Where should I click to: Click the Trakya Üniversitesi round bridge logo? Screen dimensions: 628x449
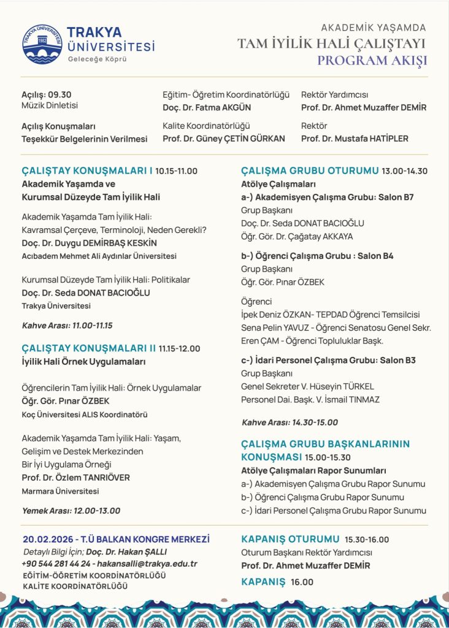click(42, 44)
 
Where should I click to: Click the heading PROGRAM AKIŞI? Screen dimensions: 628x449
click(372, 60)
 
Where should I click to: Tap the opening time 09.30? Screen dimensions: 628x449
click(60, 94)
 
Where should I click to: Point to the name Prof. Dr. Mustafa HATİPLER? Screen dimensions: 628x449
click(355, 139)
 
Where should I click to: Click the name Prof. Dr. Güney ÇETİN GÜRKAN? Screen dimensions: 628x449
click(224, 139)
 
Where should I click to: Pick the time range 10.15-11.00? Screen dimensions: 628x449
click(177, 171)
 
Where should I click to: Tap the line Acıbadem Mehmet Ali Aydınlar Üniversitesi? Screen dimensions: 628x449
click(99, 256)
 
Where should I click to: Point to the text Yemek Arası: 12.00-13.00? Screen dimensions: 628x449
click(71, 510)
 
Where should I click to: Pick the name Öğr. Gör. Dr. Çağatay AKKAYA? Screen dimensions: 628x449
click(297, 236)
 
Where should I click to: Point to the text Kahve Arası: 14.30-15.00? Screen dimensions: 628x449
click(290, 422)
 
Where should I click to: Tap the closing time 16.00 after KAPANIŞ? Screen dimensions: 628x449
click(302, 582)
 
